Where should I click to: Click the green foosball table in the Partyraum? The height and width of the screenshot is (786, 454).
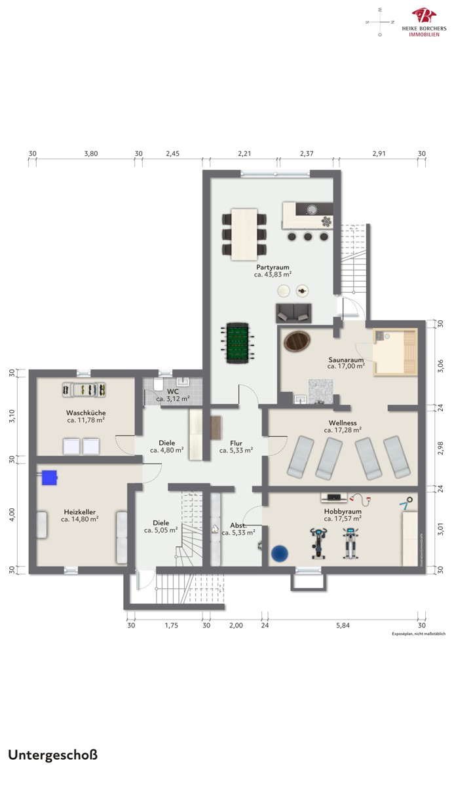(238, 343)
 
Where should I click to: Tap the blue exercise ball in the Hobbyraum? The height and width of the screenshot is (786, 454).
(280, 553)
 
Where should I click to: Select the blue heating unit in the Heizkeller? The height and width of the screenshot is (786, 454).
(49, 477)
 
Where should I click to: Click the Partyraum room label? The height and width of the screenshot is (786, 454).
(273, 267)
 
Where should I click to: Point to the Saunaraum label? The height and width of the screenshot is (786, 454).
(346, 360)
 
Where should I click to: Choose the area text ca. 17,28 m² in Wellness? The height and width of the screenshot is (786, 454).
(343, 430)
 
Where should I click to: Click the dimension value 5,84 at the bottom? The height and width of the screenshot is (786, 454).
(343, 626)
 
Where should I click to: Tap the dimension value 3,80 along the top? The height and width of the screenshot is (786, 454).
(91, 153)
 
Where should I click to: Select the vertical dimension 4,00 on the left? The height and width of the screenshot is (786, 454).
(12, 514)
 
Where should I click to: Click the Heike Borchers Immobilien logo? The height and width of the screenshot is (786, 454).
(424, 22)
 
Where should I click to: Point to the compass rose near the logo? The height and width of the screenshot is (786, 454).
(380, 22)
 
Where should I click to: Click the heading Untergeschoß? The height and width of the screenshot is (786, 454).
(52, 755)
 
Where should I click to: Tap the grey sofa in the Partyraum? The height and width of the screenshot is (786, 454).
(293, 313)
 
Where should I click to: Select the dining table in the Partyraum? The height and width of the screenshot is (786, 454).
(244, 234)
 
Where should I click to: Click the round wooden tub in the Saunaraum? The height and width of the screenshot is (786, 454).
(297, 341)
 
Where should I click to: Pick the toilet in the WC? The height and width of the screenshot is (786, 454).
(159, 384)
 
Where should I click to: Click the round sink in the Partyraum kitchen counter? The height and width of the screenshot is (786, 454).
(312, 210)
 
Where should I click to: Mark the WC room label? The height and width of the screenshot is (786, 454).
(172, 392)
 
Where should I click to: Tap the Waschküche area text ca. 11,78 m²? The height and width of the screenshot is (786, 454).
(86, 420)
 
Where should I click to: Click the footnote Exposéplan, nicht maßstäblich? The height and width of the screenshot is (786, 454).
(419, 634)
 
